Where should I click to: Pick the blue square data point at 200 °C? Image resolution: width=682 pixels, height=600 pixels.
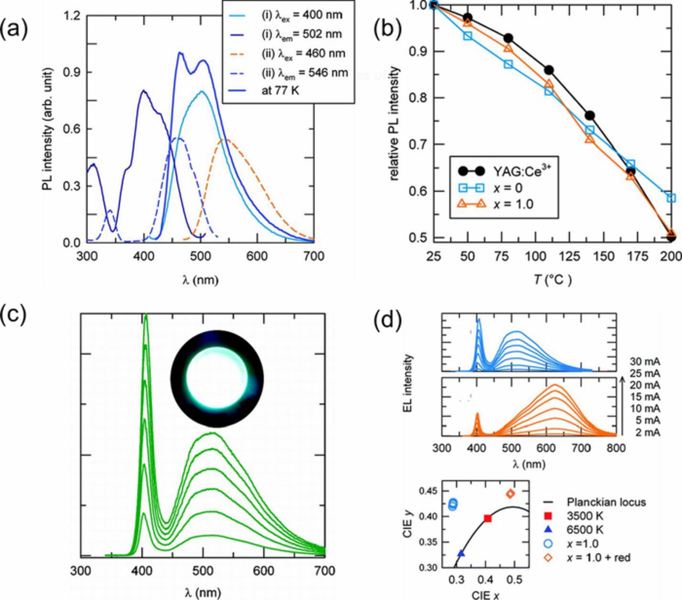pyautogui.click(x=671, y=198)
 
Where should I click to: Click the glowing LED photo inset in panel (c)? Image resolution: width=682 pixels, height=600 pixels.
pyautogui.click(x=217, y=378)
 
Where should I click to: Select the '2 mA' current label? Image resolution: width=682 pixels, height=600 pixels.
pyautogui.click(x=647, y=432)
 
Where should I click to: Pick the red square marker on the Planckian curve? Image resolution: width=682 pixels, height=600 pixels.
pyautogui.click(x=487, y=518)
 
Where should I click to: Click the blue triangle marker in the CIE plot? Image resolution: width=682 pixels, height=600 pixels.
pyautogui.click(x=461, y=554)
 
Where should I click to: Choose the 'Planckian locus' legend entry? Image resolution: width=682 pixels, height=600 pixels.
pyautogui.click(x=606, y=502)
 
